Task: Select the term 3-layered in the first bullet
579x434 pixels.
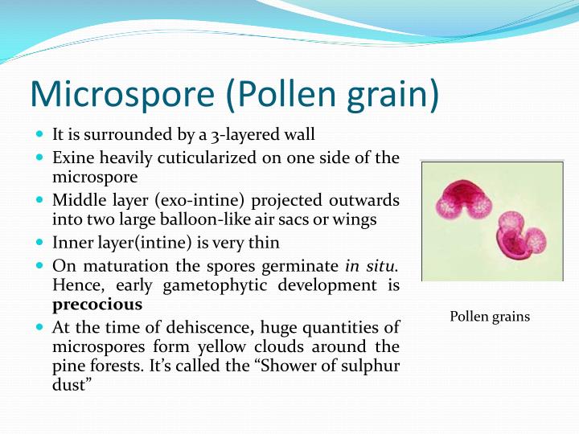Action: (x=239, y=134)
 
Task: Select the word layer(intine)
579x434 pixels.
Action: (x=138, y=242)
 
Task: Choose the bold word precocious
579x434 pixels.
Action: (x=97, y=305)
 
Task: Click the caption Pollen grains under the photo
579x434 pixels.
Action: (x=490, y=316)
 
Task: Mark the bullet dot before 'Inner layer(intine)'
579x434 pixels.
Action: (x=39, y=242)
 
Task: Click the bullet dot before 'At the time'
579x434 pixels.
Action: (x=39, y=328)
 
